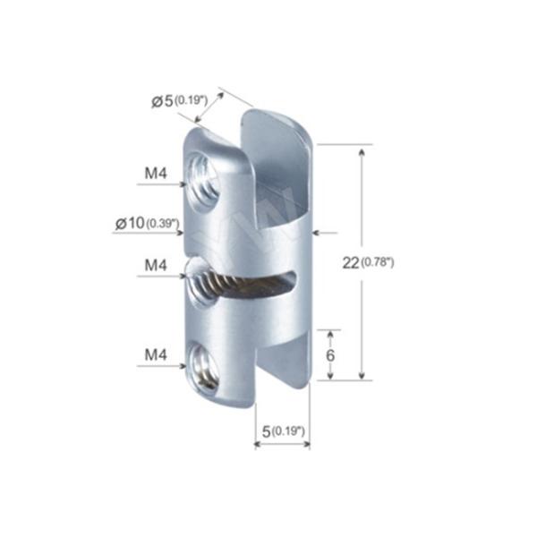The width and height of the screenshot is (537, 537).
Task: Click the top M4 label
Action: pos(156,174)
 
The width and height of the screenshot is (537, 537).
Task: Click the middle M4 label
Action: pos(156,265)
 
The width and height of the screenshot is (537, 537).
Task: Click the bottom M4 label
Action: pos(156,354)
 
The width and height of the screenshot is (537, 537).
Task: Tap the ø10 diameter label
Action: pos(130,223)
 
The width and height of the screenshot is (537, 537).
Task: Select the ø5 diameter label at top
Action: pos(162,101)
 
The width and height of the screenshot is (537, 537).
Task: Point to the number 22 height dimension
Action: pos(351,263)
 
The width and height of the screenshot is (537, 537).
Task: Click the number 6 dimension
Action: pos(329,355)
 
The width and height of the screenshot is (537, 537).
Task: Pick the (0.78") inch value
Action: pos(378,262)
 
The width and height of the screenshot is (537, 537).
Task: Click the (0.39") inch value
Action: pos(163,224)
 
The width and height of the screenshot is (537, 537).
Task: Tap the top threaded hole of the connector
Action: pos(204,183)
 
